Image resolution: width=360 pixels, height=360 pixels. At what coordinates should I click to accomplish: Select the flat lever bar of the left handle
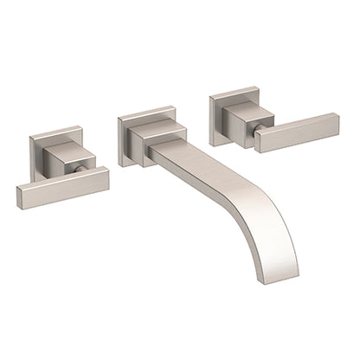point(52,191)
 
